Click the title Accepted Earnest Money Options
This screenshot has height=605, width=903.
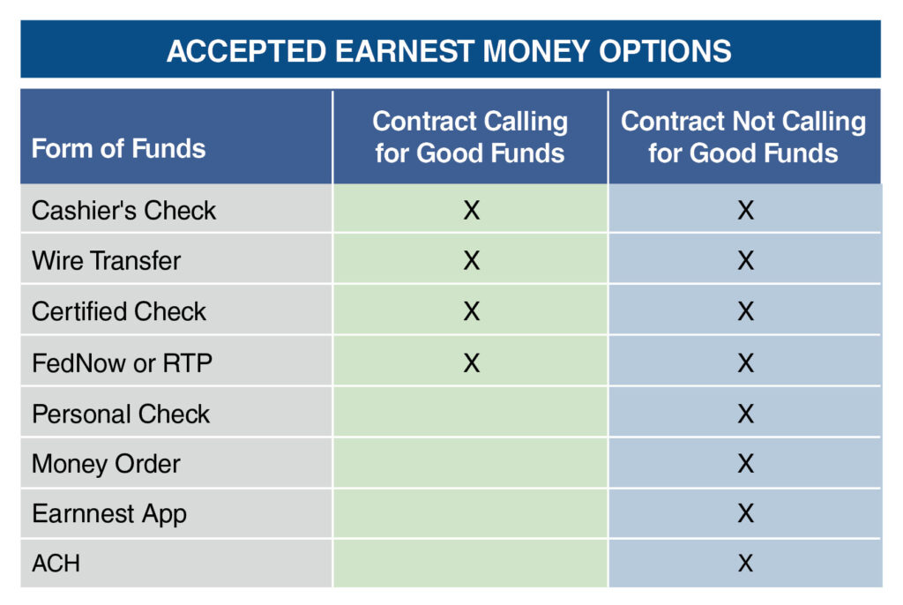tap(449, 50)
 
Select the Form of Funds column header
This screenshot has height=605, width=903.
tap(118, 148)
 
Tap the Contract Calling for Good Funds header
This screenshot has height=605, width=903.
tap(470, 137)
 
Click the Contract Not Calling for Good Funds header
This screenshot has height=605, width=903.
tap(743, 137)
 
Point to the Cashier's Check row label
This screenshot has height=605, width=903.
tap(123, 210)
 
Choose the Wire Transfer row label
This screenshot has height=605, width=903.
tap(106, 260)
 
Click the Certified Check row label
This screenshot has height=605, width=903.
tap(119, 311)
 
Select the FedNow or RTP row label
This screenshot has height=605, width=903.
tap(122, 363)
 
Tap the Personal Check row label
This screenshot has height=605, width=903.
tap(121, 414)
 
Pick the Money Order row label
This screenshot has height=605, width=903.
tap(106, 464)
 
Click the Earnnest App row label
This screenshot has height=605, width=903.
tap(109, 514)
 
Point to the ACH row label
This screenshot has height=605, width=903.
tap(56, 564)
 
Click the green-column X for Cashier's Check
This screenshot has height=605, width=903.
tap(472, 210)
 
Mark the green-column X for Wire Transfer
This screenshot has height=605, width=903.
tap(472, 260)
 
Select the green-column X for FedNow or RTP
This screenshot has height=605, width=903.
tap(472, 363)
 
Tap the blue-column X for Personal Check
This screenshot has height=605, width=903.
tap(746, 414)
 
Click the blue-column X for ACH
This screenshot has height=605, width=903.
tap(746, 564)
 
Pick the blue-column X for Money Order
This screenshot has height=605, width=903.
tap(746, 464)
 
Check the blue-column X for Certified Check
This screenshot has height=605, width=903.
tap(746, 311)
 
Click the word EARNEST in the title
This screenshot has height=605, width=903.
tap(406, 50)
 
